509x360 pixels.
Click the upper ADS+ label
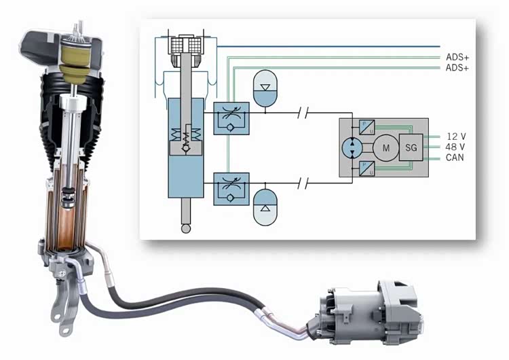(457, 57)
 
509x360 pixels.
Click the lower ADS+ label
(457, 69)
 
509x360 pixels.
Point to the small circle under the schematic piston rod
(185, 229)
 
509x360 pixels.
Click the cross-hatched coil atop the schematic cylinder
(185, 46)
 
